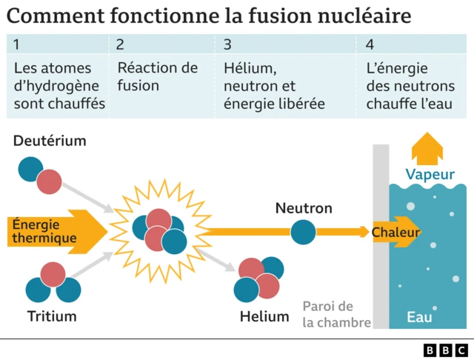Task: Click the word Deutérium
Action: point(50,141)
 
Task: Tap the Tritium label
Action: point(52,317)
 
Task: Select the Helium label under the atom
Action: point(264,317)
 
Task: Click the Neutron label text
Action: point(304,208)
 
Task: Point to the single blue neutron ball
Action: point(302,232)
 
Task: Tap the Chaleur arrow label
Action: point(395,233)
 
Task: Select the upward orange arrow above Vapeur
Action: point(427,149)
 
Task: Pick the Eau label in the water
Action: point(420,317)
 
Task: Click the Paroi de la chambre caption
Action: point(329,314)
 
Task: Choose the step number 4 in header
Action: point(370,45)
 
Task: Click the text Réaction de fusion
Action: point(158,77)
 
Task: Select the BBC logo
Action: point(445,349)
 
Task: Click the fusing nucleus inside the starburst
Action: point(160,230)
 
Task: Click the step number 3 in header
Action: point(227,45)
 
